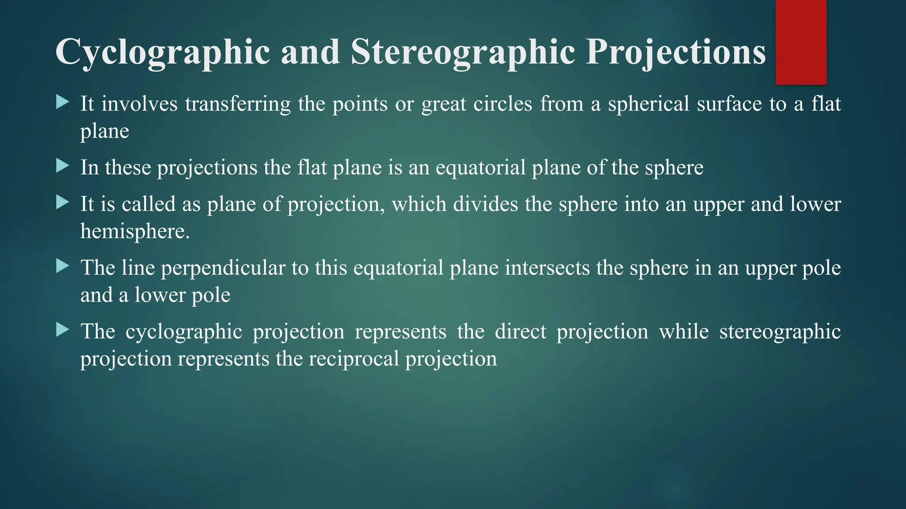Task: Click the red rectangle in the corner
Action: [801, 42]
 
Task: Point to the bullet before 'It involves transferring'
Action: [63, 103]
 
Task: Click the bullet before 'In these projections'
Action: [63, 167]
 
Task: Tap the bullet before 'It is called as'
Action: [63, 203]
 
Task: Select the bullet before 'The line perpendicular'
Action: [63, 266]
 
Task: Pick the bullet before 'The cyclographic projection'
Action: [63, 330]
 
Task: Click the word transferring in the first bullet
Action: [238, 104]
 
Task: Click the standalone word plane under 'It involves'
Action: [104, 132]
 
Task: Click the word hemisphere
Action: [134, 232]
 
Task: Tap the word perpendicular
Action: [223, 269]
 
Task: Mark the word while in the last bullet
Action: [683, 331]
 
